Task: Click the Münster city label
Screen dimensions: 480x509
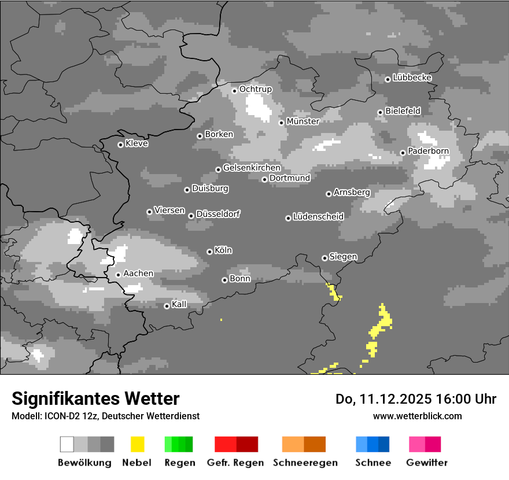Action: (303, 121)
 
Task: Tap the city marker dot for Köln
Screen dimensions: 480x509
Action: (209, 252)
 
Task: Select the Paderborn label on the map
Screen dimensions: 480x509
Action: (428, 151)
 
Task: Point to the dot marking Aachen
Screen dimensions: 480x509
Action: (118, 275)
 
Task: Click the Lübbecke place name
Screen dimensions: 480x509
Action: (412, 77)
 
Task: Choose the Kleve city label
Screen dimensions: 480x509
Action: (137, 143)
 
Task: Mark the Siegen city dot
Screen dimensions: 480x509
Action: (324, 258)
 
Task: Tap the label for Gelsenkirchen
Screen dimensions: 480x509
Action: (252, 168)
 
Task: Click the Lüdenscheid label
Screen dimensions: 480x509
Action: (318, 217)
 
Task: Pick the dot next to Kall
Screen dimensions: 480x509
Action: (167, 306)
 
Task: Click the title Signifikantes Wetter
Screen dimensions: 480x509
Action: (95, 398)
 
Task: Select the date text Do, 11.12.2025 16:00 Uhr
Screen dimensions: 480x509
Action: (416, 399)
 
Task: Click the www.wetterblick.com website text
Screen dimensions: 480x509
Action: (417, 416)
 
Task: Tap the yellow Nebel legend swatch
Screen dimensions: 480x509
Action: (137, 444)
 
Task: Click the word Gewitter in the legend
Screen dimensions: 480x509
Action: (427, 463)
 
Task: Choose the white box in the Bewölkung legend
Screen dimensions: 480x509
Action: (67, 444)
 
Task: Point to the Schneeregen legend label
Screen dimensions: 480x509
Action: (305, 463)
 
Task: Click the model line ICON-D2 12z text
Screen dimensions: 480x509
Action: (105, 416)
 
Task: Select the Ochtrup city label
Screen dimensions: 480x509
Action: (255, 89)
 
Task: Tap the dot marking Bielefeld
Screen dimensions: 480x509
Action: (380, 112)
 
